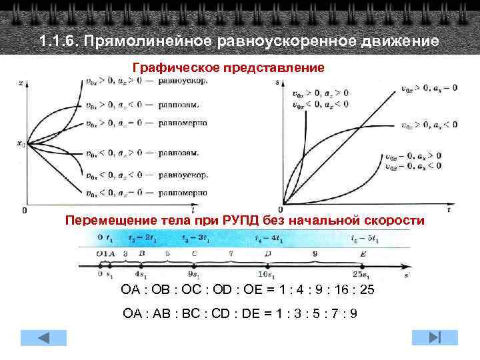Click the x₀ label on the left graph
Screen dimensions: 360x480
[x=20, y=143]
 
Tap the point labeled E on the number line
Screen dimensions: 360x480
[x=362, y=254]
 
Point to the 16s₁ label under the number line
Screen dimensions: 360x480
[x=267, y=275]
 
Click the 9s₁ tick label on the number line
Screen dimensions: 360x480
[x=194, y=275]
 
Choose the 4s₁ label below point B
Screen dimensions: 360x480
[x=141, y=275]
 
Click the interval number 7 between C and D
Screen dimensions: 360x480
[x=231, y=254]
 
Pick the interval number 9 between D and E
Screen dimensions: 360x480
[x=314, y=254]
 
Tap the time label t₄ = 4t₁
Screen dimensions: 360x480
[x=267, y=238]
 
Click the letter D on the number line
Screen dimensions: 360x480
[x=267, y=254]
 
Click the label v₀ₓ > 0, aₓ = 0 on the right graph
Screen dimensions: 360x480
[x=429, y=88]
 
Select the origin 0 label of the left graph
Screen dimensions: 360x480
[x=25, y=211]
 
